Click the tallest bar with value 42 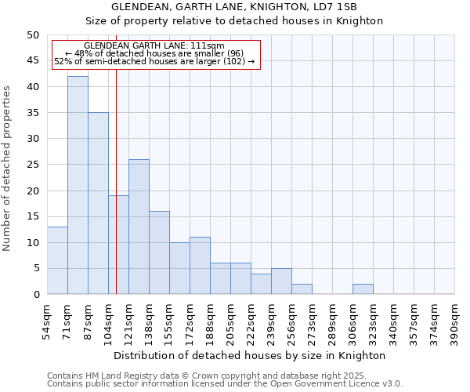click(78, 185)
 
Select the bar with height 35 click(98, 203)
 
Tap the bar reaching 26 click(139, 227)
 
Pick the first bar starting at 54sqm click(57, 260)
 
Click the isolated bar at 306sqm click(363, 289)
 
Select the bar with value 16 click(159, 252)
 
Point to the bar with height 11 click(200, 266)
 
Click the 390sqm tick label click(455, 320)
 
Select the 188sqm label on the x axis click(211, 320)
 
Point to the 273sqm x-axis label click(313, 320)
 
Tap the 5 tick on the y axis click(35, 268)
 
